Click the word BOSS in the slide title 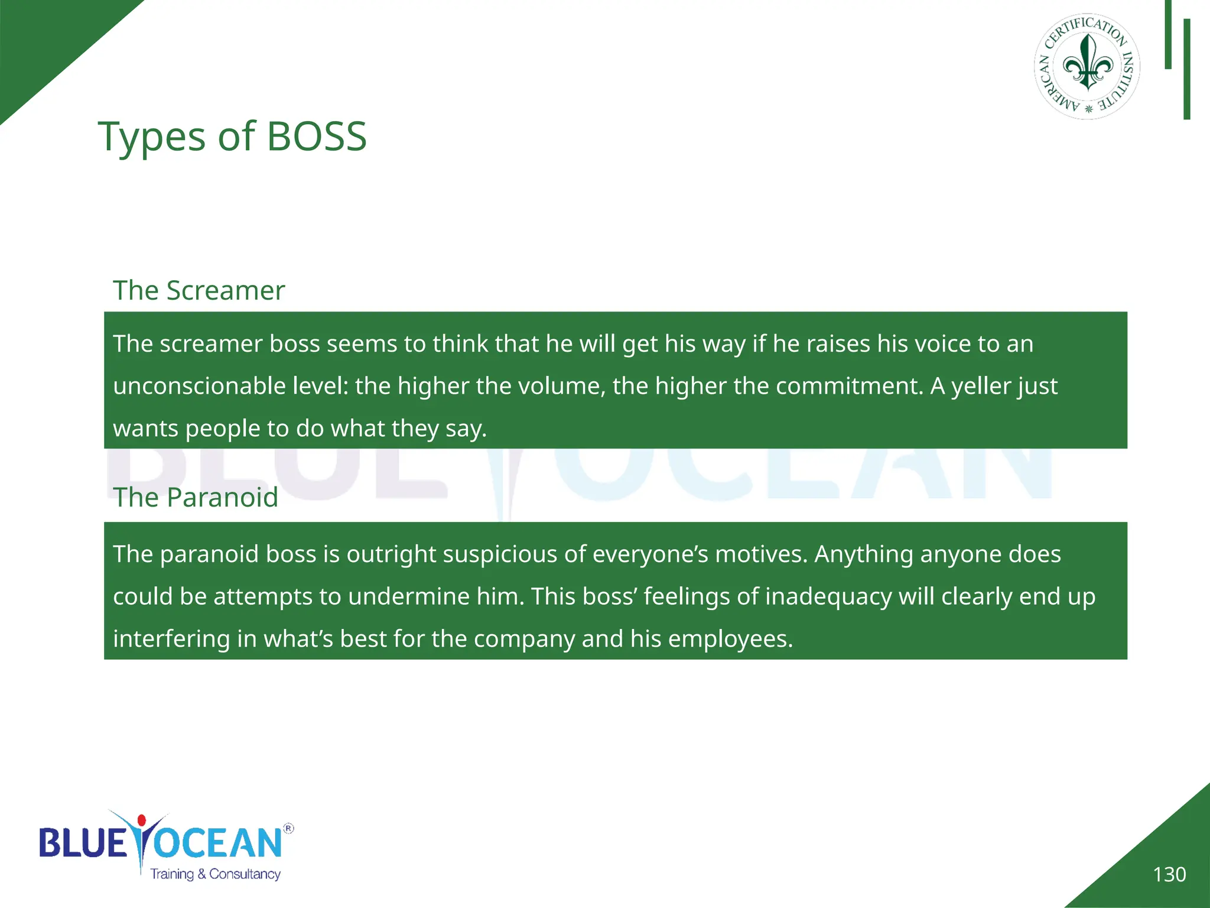pos(317,137)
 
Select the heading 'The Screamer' pos(199,290)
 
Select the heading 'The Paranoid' pos(195,497)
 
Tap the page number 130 pos(1169,874)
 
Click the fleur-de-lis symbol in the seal pos(1087,64)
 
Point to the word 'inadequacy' pos(828,597)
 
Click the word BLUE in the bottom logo pos(83,842)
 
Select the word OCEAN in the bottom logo pos(219,842)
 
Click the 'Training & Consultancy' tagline pos(215,874)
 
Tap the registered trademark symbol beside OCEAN pos(288,828)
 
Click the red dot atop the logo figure pos(141,820)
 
